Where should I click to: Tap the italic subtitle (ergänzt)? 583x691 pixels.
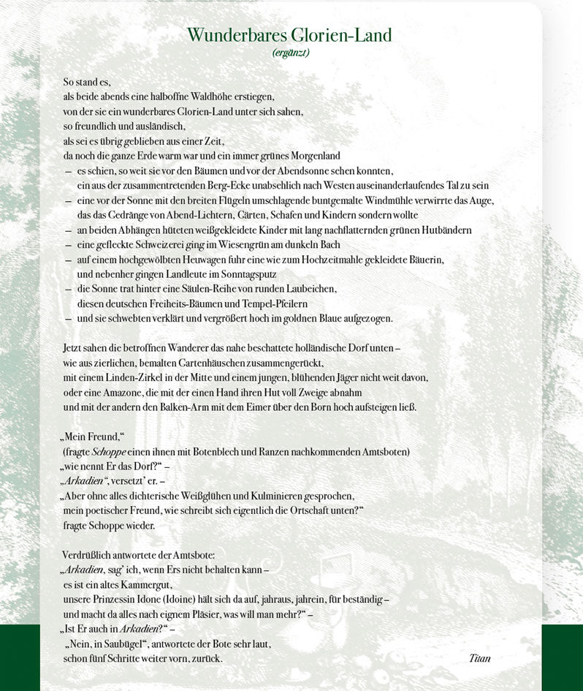click(x=291, y=53)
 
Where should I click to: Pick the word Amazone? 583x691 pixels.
click(x=119, y=392)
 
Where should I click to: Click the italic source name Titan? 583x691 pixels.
click(x=480, y=658)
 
